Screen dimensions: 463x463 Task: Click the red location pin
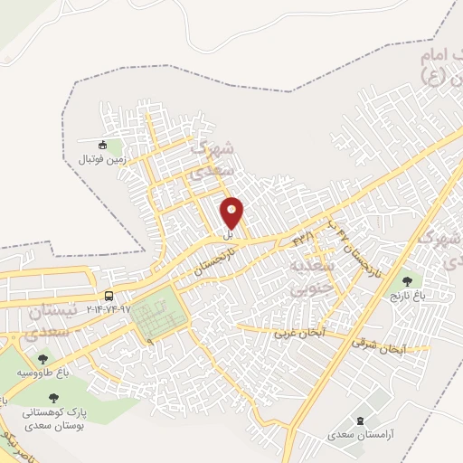pyautogui.click(x=232, y=213)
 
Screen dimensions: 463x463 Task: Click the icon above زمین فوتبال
pyautogui.click(x=103, y=144)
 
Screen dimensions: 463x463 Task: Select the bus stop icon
pyautogui.click(x=109, y=296)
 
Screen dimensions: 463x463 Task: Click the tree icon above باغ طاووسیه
pyautogui.click(x=43, y=360)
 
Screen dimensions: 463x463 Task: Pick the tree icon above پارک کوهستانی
pyautogui.click(x=56, y=397)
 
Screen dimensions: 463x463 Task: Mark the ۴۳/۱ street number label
pyautogui.click(x=302, y=238)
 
